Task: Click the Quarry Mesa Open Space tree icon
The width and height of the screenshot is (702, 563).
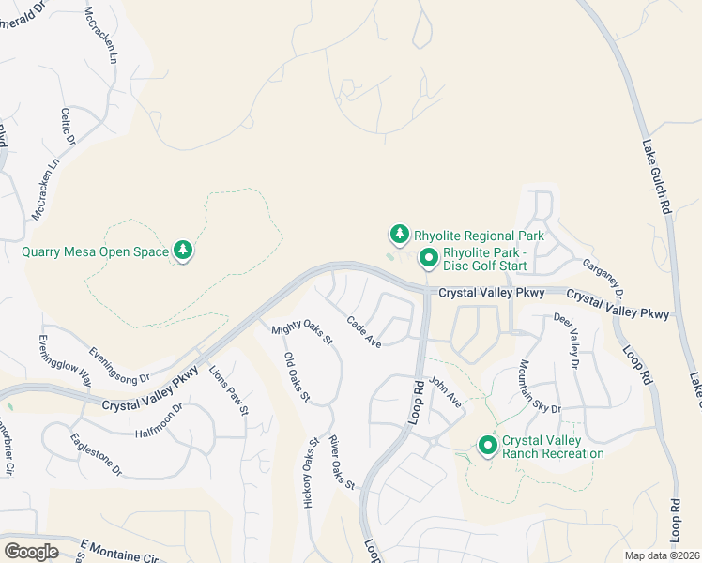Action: pyautogui.click(x=183, y=251)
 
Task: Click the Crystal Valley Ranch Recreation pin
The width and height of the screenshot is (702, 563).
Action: pyautogui.click(x=487, y=446)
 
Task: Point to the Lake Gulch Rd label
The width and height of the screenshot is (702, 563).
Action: pyautogui.click(x=657, y=177)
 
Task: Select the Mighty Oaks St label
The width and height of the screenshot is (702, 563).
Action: pyautogui.click(x=302, y=334)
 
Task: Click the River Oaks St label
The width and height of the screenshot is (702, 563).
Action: pyautogui.click(x=340, y=464)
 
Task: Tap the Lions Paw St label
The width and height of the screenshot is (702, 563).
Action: pyautogui.click(x=228, y=390)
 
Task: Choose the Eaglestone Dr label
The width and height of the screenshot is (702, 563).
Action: pyautogui.click(x=97, y=455)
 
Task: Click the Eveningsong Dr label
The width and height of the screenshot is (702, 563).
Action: pyautogui.click(x=119, y=365)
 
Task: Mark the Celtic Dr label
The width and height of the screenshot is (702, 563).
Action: pyautogui.click(x=68, y=128)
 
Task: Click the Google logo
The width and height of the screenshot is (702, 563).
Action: pyautogui.click(x=31, y=551)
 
